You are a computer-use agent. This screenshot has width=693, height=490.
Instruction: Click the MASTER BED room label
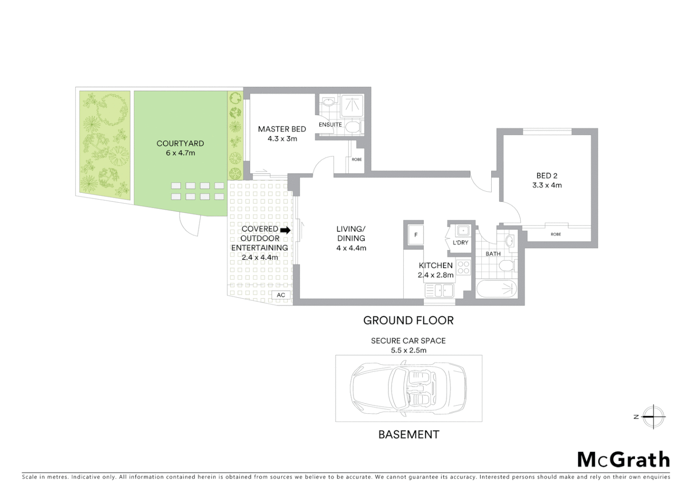coord(282,129)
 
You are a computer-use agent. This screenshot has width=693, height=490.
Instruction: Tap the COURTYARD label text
coord(180,143)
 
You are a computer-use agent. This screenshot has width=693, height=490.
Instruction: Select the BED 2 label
coord(547,176)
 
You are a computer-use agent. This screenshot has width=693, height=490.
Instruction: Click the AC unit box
coord(281,295)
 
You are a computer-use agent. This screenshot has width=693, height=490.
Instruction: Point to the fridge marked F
coord(415,235)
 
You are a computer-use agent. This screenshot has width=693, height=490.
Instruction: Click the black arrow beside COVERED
coord(285,230)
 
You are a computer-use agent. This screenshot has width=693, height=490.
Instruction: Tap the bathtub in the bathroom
coord(496,289)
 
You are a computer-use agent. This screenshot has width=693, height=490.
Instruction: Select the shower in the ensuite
coord(352,104)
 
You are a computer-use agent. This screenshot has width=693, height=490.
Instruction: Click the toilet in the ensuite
coord(353,127)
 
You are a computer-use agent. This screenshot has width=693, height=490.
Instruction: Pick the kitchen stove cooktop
coord(463,267)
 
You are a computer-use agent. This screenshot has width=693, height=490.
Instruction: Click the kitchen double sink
coord(439,290)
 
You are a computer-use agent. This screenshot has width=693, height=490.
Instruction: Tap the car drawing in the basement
coord(408,388)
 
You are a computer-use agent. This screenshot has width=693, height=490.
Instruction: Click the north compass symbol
coord(653,416)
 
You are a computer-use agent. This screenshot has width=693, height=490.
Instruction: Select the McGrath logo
coord(623,460)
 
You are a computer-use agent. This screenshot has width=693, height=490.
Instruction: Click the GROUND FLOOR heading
coord(408,320)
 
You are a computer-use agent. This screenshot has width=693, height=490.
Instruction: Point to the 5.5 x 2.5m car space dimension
coord(408,350)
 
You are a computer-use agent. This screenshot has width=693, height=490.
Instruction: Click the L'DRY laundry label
coord(460,243)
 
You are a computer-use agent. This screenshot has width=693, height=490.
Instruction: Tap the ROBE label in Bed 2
coord(556,234)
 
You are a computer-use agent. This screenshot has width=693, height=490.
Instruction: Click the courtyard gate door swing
coord(190,225)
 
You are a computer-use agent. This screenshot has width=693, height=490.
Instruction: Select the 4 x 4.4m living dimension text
coord(351,248)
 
